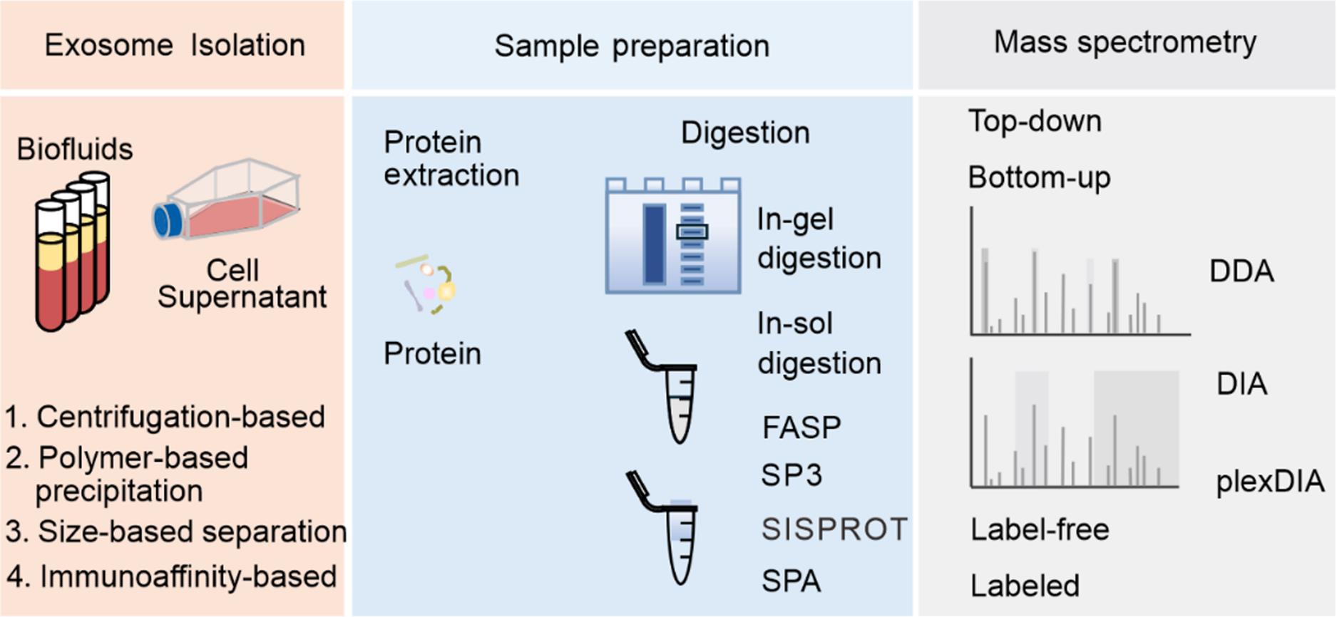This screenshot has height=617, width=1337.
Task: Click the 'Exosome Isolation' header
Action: [175, 46]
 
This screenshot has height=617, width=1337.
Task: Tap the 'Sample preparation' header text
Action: [632, 46]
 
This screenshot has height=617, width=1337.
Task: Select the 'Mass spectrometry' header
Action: [1125, 43]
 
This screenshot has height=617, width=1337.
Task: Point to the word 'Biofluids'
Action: [75, 150]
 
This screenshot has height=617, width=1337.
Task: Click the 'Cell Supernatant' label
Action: [242, 284]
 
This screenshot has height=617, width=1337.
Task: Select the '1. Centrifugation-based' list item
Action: [165, 417]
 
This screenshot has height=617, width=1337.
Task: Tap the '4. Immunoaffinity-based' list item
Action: [172, 576]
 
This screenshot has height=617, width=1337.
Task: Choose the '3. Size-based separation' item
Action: [176, 532]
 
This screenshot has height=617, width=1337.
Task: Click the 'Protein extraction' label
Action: [451, 158]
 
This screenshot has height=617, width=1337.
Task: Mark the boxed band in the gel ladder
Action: [692, 232]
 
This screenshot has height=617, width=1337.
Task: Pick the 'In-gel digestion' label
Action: [819, 239]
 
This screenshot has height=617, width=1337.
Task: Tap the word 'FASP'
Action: [801, 427]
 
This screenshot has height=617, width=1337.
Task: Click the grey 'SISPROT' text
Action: [834, 529]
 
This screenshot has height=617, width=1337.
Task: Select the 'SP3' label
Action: [792, 475]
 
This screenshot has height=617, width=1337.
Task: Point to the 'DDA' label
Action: [1241, 271]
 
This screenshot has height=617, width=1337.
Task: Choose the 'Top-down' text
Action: [1035, 122]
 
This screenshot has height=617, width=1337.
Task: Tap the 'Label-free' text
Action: [1040, 530]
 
